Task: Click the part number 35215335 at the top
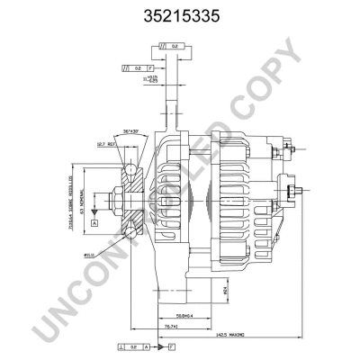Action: tap(180, 15)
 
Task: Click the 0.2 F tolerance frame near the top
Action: tap(140, 67)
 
